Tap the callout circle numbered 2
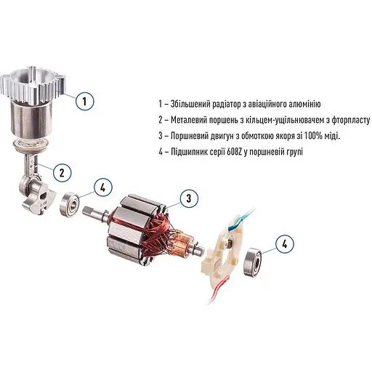[62, 172]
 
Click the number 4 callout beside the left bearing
[103, 188]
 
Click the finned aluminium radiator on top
[34, 84]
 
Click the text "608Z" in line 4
[246, 151]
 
